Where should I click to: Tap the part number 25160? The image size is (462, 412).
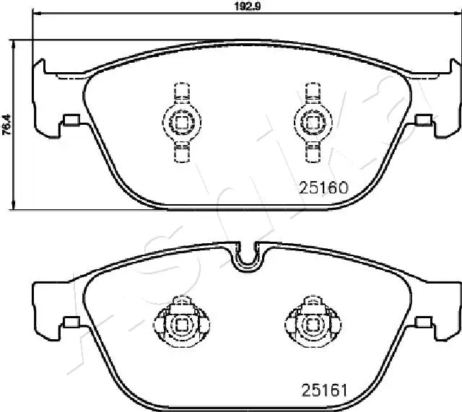coord(323,188)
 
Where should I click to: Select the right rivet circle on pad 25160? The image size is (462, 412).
coord(311,121)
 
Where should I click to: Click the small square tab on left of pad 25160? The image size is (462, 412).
coord(71,120)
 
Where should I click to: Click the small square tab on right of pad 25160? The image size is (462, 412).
coord(423,120)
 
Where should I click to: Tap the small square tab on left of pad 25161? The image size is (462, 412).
coord(71,323)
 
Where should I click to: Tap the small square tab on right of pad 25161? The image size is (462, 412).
coord(423,323)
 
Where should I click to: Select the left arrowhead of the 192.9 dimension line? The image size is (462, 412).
coord(36,17)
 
